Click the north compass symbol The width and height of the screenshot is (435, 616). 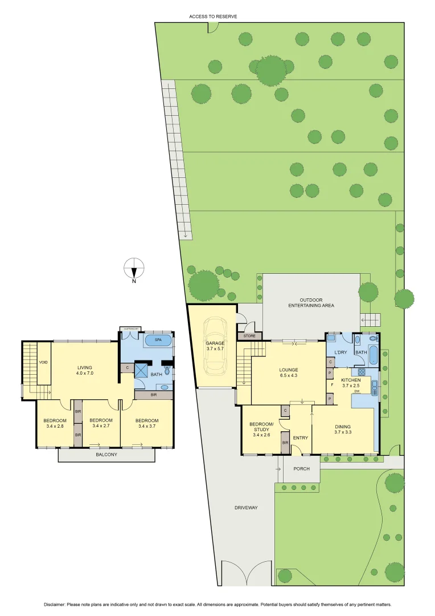[134, 268]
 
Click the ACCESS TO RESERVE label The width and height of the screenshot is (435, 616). [213, 17]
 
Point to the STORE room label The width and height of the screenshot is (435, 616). [249, 336]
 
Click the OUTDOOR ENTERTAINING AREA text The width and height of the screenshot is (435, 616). [311, 303]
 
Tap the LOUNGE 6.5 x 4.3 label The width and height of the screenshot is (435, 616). [288, 372]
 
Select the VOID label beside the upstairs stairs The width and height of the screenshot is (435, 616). [43, 362]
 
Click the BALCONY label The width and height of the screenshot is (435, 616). [106, 455]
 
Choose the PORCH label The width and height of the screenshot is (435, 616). [301, 469]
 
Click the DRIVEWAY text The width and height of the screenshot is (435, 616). [246, 508]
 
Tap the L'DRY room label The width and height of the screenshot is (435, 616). [340, 352]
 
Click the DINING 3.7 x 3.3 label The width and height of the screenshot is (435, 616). [343, 429]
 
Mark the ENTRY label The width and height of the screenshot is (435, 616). [300, 438]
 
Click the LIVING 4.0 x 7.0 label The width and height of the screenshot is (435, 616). [85, 370]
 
